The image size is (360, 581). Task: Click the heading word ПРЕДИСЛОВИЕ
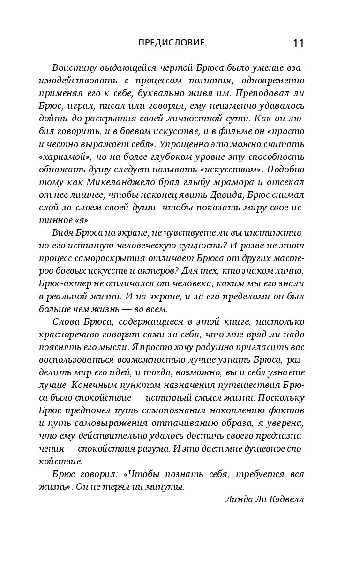pos(172,43)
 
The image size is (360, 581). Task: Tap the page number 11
pos(299,44)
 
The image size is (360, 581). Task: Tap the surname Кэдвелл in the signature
pos(286,499)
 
